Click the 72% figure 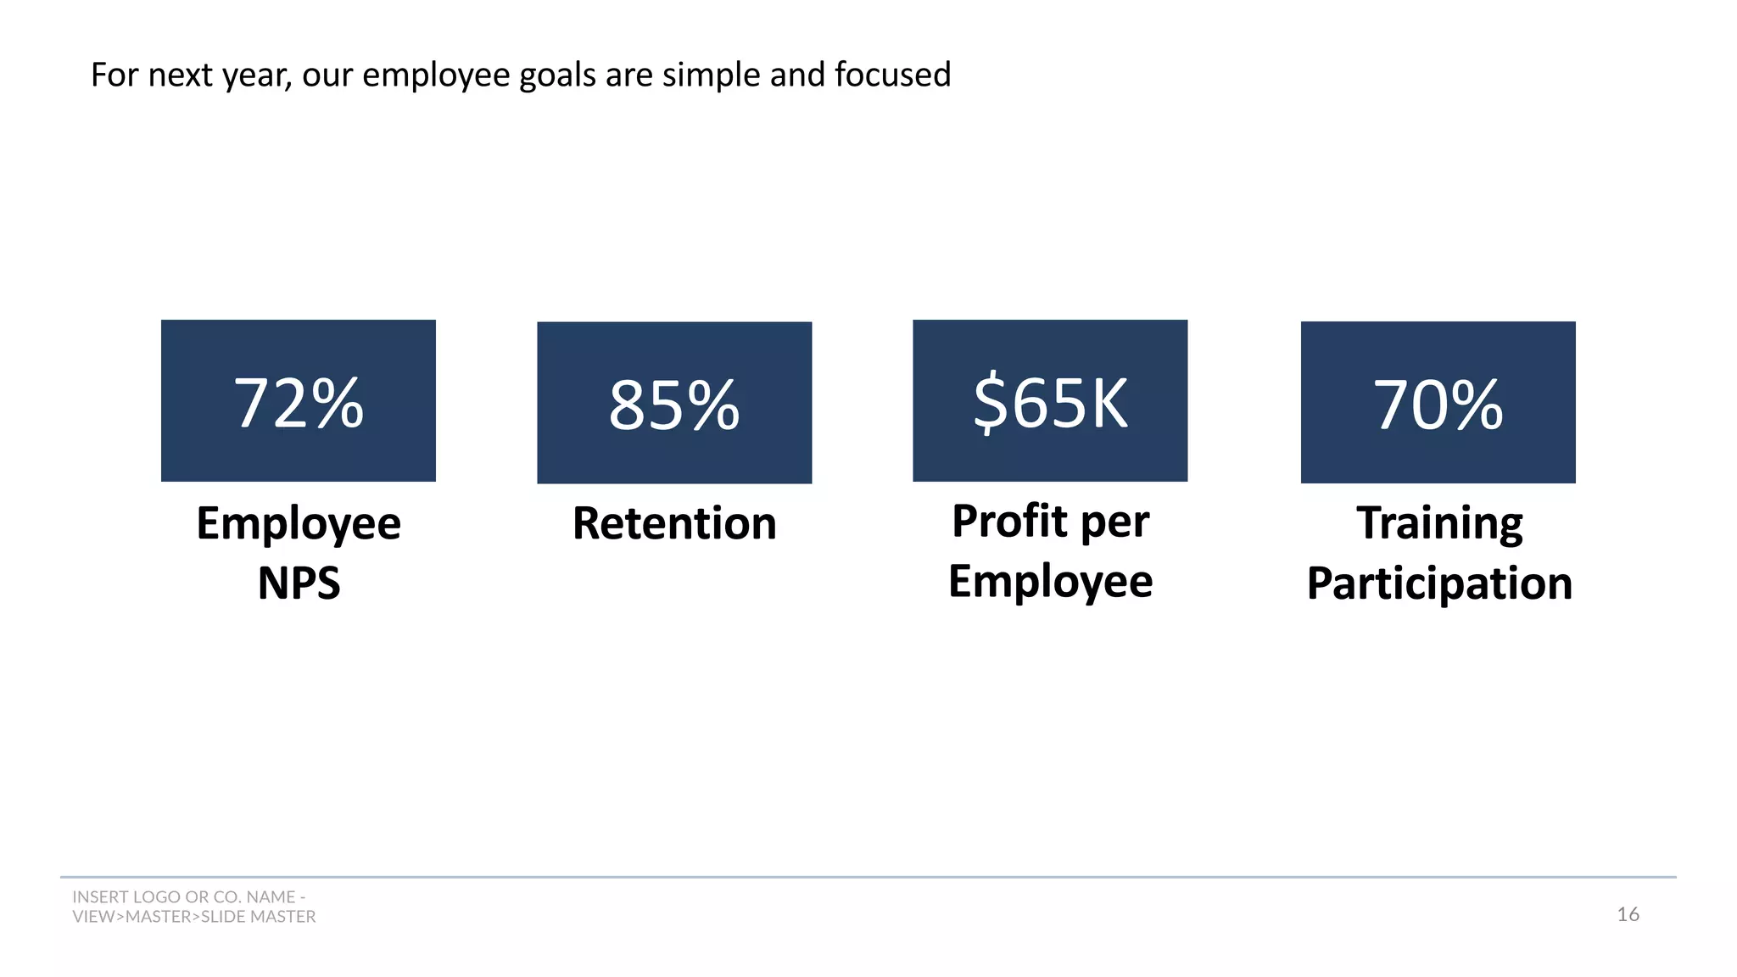(299, 404)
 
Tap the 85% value (674, 406)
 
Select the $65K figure (1050, 403)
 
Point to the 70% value (1438, 405)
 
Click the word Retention (674, 523)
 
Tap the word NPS (299, 583)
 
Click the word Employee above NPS (299, 523)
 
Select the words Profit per (1050, 521)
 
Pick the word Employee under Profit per (1050, 582)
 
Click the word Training (1439, 522)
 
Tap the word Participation (1439, 583)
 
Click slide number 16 (1628, 914)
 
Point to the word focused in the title (892, 75)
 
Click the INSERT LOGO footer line (188, 896)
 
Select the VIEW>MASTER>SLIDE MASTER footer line (193, 917)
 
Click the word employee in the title (437, 75)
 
